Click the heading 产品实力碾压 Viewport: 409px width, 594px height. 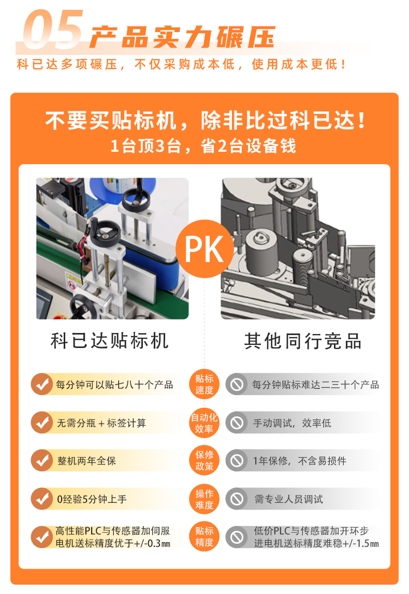(181, 37)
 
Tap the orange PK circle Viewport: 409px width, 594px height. (204, 249)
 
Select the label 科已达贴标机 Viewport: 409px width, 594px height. (110, 341)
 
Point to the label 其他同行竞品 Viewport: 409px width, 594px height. (303, 341)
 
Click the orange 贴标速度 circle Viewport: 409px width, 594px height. (204, 384)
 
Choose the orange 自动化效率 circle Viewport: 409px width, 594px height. (204, 423)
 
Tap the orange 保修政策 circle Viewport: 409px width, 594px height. (204, 460)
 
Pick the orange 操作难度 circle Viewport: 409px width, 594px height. (204, 499)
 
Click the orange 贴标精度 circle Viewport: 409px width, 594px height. (204, 537)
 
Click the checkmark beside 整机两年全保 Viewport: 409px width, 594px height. (41, 460)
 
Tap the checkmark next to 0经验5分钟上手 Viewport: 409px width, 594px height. (41, 499)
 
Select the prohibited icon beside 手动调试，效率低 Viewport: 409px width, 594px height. (237, 423)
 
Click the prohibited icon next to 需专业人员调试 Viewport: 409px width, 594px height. (237, 499)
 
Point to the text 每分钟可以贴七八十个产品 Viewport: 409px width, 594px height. (114, 385)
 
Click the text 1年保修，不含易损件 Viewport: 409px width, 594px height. (300, 461)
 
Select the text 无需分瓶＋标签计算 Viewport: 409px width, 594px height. (101, 423)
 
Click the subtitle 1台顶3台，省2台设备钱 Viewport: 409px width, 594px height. (203, 146)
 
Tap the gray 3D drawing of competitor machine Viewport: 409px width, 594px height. (298, 249)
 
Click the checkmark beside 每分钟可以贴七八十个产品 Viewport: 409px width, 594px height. (41, 384)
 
